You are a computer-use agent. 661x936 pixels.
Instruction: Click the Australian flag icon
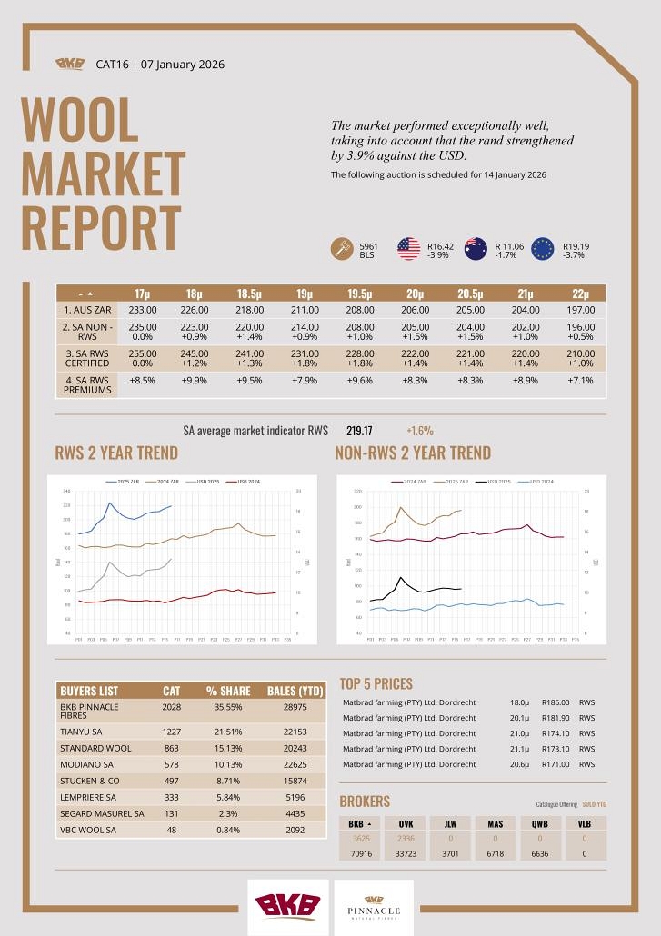(476, 248)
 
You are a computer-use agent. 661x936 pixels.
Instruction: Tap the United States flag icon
(409, 248)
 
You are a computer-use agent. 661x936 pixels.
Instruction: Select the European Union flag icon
(543, 248)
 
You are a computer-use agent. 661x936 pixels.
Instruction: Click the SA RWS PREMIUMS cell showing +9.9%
(195, 381)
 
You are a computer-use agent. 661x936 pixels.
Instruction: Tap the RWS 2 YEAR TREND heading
(116, 453)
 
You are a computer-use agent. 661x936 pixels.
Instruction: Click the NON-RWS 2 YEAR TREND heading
(413, 453)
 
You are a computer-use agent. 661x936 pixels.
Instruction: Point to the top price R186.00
(555, 702)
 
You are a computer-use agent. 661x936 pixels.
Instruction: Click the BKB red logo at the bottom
(287, 906)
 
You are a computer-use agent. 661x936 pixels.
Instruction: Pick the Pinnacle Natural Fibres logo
(374, 906)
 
